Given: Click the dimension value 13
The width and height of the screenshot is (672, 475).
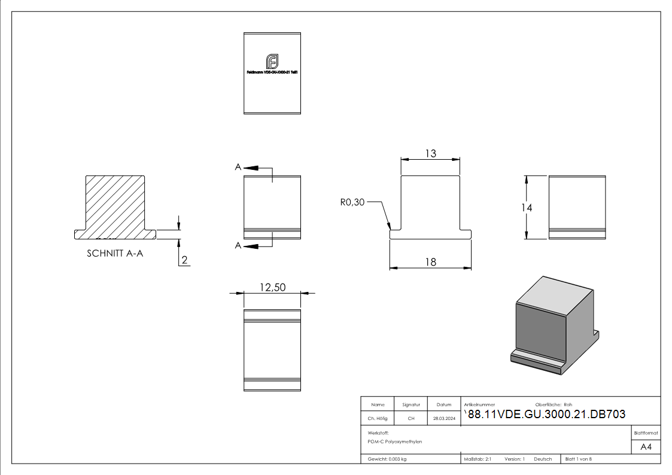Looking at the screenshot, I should pyautogui.click(x=430, y=154).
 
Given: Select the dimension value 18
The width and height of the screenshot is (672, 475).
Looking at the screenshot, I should pyautogui.click(x=430, y=261).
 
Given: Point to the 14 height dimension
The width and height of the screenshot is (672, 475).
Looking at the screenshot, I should pyautogui.click(x=527, y=208).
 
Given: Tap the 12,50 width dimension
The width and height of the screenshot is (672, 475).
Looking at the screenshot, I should pyautogui.click(x=272, y=287).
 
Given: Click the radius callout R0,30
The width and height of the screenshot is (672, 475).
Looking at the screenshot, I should pyautogui.click(x=352, y=203).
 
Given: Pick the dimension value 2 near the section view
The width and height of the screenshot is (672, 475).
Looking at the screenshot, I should pyautogui.click(x=185, y=260).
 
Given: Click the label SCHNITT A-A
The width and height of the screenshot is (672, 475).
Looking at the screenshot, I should pyautogui.click(x=115, y=253).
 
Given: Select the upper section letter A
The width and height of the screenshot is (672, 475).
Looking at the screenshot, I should pyautogui.click(x=238, y=168).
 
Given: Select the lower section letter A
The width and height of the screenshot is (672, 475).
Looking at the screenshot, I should pyautogui.click(x=238, y=245).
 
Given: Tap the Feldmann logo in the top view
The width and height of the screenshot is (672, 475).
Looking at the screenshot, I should pyautogui.click(x=272, y=61).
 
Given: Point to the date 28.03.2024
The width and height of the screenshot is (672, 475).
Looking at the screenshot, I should pyautogui.click(x=444, y=419).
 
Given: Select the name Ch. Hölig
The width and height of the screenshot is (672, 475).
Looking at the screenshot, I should pyautogui.click(x=377, y=419).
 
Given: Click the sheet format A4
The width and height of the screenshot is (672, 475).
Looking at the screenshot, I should pyautogui.click(x=646, y=447).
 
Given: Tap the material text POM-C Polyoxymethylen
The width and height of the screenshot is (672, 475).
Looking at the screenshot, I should pyautogui.click(x=395, y=441).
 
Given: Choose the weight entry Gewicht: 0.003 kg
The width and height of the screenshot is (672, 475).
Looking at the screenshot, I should pyautogui.click(x=387, y=459).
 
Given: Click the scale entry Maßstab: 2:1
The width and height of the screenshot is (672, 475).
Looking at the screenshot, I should pyautogui.click(x=478, y=459).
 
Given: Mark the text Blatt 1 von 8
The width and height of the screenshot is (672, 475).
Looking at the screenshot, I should pyautogui.click(x=579, y=459).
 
